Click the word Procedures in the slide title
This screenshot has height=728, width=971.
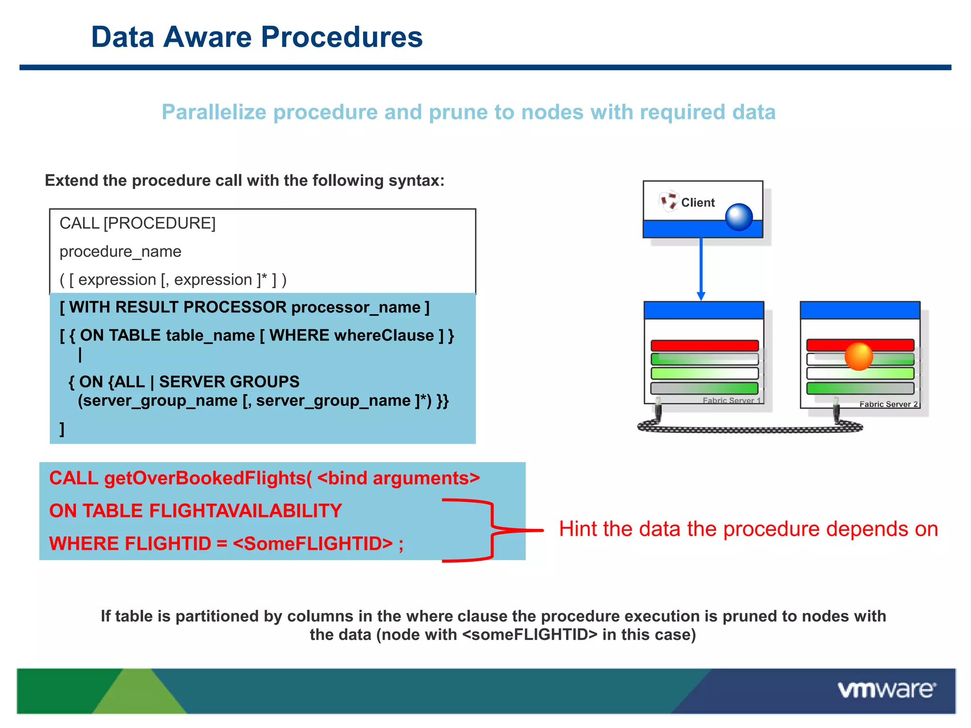341,37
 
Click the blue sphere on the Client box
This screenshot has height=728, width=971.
739,217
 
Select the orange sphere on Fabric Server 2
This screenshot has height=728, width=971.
858,356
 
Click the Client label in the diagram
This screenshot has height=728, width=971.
697,202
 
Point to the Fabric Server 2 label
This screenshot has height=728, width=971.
888,404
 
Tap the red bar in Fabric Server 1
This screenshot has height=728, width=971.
705,346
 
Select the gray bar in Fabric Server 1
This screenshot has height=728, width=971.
705,389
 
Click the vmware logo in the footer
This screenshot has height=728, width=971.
887,690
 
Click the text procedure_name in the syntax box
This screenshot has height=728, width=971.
120,251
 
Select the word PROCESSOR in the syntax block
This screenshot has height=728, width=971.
235,307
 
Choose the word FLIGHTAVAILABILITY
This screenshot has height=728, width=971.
245,510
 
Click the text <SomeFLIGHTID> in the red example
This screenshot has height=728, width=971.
313,544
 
